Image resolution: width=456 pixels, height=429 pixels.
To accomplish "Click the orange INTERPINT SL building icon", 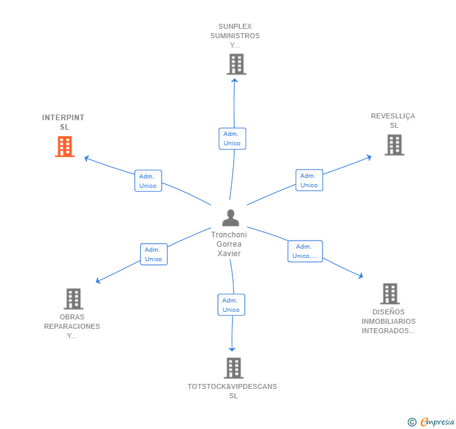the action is (65, 147).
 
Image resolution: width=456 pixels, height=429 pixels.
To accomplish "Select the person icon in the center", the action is (231, 218).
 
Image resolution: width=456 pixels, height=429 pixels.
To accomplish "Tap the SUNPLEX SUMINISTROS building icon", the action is (236, 65).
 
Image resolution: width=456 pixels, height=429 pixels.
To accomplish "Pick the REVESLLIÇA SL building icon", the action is (395, 145).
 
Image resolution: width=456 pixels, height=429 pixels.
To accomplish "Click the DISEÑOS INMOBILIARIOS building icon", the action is (390, 294).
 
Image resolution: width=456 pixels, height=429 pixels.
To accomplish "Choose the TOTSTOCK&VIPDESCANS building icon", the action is (234, 368).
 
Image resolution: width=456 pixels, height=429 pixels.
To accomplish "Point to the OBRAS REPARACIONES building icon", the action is (73, 299).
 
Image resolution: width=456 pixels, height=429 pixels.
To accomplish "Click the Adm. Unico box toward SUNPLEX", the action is (232, 139).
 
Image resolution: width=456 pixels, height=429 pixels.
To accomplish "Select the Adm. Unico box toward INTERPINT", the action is (148, 180).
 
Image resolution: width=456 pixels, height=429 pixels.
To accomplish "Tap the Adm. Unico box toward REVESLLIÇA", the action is (309, 180).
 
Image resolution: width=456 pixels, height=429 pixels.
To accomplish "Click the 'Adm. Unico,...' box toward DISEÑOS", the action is (305, 251).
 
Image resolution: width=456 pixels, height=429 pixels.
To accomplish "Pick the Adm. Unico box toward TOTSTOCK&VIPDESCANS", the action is (231, 305).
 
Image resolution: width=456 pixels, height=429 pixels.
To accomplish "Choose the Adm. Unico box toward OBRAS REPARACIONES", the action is (154, 254).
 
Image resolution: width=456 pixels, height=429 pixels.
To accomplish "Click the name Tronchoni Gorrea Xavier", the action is (229, 244).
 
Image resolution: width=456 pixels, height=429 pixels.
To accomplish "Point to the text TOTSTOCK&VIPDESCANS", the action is (232, 386).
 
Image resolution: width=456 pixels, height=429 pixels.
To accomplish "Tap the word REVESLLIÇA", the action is (393, 116).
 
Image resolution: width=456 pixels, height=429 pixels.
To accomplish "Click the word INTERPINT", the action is (63, 118).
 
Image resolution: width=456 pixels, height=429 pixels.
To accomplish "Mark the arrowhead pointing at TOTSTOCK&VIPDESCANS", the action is (232, 349).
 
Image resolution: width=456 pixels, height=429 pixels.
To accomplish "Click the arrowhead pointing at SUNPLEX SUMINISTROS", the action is (235, 80).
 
